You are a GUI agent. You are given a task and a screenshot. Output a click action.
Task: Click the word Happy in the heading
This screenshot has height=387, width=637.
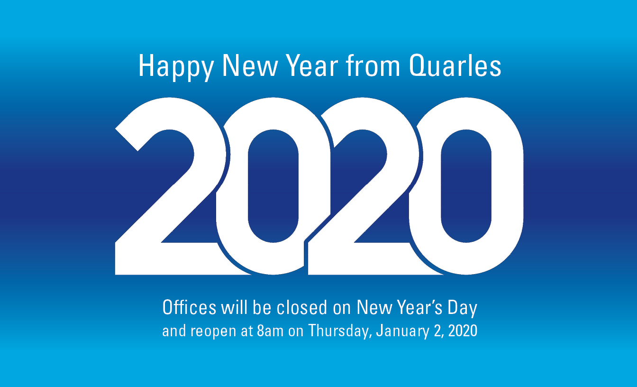click(x=176, y=67)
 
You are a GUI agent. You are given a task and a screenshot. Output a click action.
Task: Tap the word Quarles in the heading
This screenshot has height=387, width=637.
click(x=455, y=66)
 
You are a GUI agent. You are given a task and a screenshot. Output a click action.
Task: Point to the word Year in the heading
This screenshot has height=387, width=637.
click(x=312, y=66)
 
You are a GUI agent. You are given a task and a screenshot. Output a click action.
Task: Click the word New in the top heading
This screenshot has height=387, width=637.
click(x=250, y=66)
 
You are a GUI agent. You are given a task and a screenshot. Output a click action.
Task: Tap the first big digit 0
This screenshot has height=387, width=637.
click(x=273, y=186)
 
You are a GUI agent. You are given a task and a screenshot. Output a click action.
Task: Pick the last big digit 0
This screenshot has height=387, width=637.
click(x=466, y=186)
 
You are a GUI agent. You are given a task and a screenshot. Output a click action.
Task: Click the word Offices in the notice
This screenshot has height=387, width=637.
click(x=190, y=307)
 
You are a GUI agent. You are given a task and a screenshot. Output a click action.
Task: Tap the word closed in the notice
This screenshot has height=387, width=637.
click(x=302, y=307)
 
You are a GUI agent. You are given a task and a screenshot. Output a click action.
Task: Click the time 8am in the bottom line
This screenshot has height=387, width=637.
click(x=270, y=331)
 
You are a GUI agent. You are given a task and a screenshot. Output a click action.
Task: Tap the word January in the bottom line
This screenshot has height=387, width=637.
click(x=403, y=332)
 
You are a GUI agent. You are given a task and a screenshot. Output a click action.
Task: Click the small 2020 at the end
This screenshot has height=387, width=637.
click(x=463, y=331)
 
